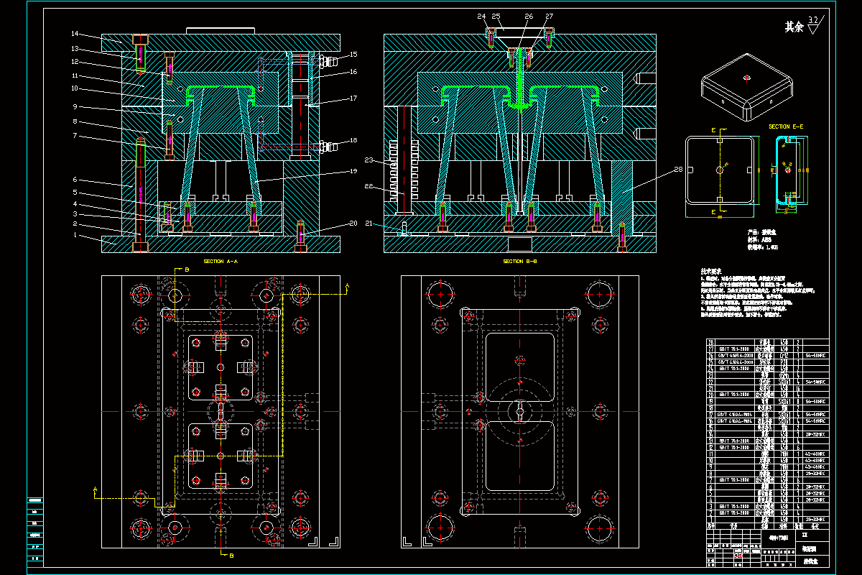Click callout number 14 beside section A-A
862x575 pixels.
[75, 34]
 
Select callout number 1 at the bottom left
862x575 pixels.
[74, 235]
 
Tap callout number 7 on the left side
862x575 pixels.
[74, 135]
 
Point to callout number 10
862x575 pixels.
[74, 88]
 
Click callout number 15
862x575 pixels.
[353, 55]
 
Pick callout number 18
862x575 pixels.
[353, 140]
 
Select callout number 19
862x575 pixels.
[353, 172]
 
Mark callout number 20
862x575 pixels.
[353, 224]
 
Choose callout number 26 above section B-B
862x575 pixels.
[529, 16]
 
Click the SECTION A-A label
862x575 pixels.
[220, 262]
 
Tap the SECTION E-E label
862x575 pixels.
[786, 126]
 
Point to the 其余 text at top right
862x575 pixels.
[794, 27]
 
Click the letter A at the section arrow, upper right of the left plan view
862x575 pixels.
[348, 286]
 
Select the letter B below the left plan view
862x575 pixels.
[232, 556]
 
